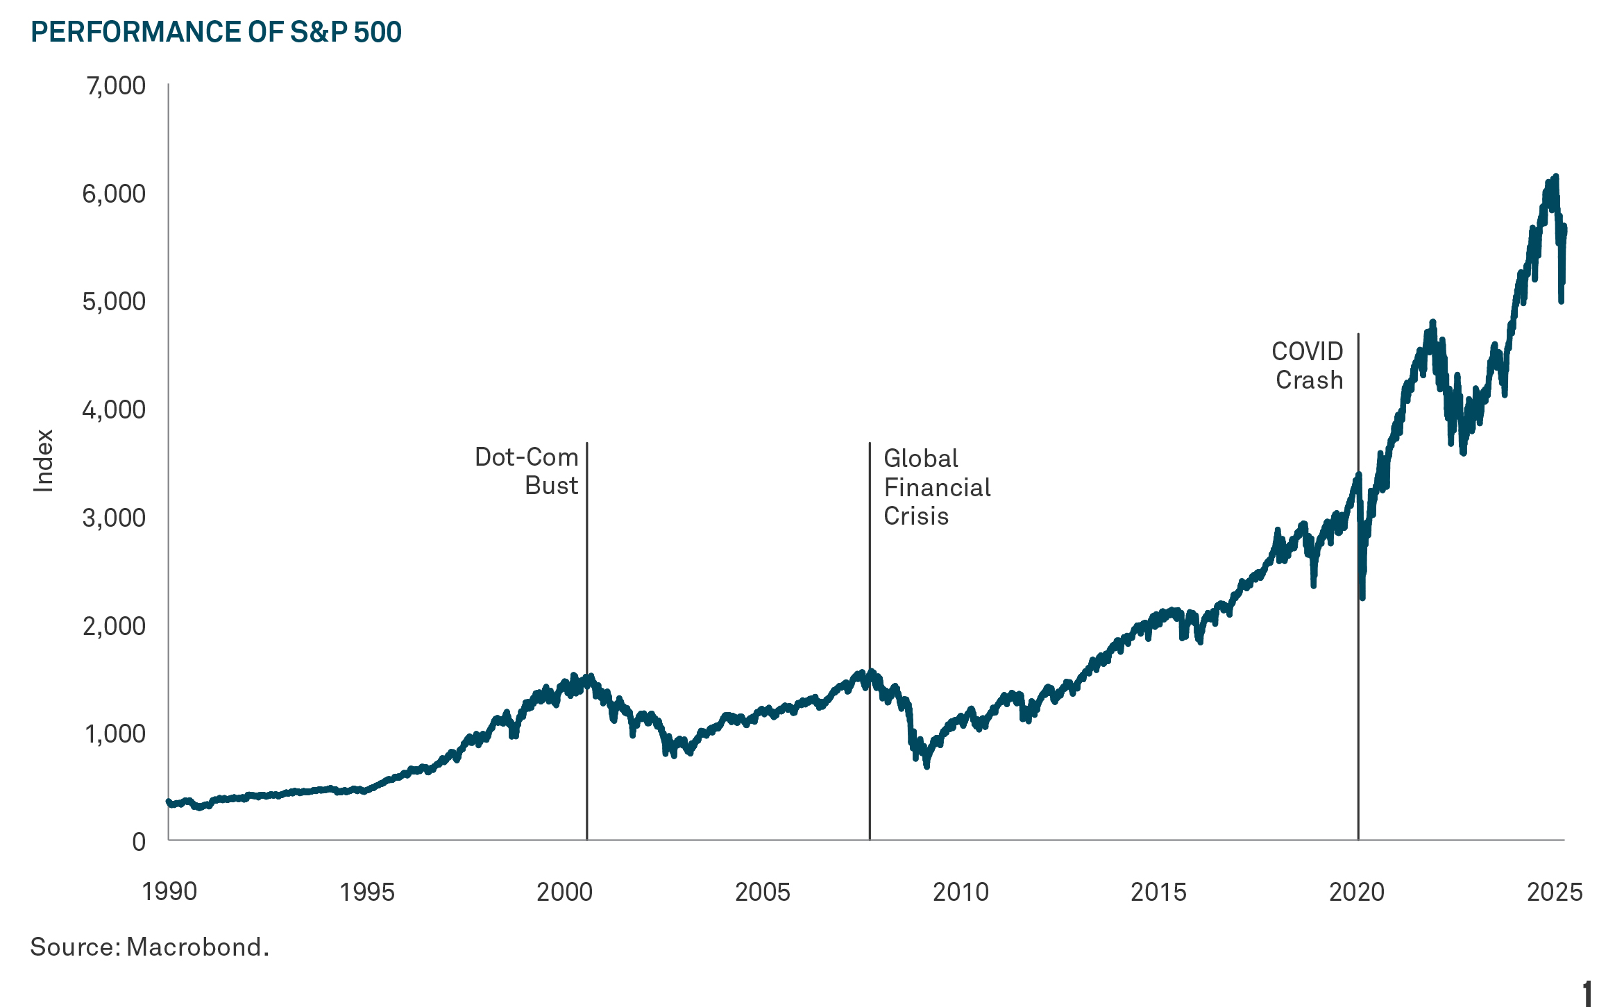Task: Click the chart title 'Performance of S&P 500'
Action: (216, 33)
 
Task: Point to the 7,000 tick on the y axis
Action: (115, 86)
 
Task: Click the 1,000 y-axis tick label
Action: (115, 734)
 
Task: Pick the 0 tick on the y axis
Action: (139, 842)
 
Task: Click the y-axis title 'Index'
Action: (43, 461)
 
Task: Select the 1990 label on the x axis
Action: (169, 892)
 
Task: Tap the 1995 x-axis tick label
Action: (366, 892)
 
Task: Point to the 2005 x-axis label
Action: (762, 892)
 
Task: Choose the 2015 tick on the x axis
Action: (1158, 892)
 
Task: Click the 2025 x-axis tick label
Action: (1554, 892)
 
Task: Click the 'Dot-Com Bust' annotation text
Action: (527, 471)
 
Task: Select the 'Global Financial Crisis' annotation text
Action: (936, 487)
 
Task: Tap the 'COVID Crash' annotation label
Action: (1308, 366)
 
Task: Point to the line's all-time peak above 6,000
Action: (1555, 177)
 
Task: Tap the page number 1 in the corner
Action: (1587, 993)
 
